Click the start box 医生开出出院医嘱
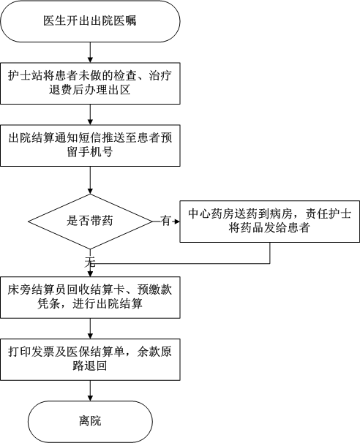coord(90,21)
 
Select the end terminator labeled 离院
coord(90,422)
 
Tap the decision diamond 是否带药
coord(90,221)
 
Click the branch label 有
coord(166,221)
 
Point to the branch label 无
coord(90,262)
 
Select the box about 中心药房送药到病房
coord(270,221)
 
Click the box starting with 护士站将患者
coord(90,83)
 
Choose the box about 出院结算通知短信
coord(90,145)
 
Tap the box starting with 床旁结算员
coord(90,298)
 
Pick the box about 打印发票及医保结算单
coord(90,360)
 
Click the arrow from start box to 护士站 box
coord(90,53)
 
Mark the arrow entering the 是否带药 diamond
coord(90,181)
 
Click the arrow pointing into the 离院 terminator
coord(90,391)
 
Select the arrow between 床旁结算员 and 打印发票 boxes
coord(90,328)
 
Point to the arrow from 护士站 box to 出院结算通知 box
coord(90,115)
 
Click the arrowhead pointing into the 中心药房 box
coord(177,221)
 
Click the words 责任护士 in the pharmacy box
coord(329,214)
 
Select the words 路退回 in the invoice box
coord(90,366)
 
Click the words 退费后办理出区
coord(90,90)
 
